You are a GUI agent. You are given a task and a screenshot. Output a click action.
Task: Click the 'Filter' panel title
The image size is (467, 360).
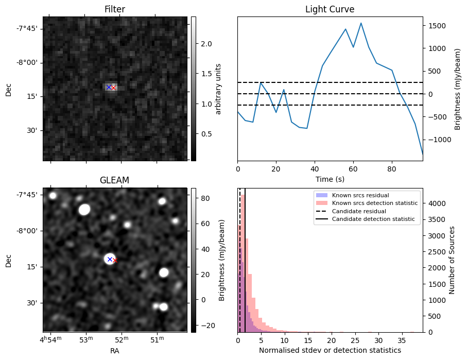115,9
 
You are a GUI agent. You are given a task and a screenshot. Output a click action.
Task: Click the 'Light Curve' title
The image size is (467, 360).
330,9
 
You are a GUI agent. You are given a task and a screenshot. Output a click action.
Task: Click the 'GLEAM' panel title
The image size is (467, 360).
114,180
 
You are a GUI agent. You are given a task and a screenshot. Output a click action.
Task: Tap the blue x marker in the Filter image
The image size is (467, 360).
109,87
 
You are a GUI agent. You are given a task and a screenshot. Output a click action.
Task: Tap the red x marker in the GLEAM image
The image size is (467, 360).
115,261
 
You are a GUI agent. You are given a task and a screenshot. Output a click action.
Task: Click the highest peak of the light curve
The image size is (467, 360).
361,23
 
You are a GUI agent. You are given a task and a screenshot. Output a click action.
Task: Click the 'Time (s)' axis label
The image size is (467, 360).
330,179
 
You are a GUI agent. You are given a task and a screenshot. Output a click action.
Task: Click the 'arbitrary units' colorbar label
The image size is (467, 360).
218,89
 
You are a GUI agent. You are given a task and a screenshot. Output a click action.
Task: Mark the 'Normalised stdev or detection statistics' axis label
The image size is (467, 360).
330,351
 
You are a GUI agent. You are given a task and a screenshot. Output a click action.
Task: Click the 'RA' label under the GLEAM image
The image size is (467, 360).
114,351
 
